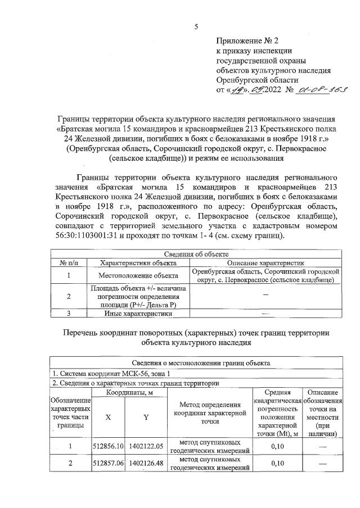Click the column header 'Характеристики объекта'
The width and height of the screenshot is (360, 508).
tap(138, 262)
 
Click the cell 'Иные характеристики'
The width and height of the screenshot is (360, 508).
tap(138, 314)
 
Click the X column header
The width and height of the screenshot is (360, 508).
tap(108, 418)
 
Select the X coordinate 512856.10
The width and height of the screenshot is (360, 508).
tap(108, 446)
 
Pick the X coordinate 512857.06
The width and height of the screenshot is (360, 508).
tap(108, 464)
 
